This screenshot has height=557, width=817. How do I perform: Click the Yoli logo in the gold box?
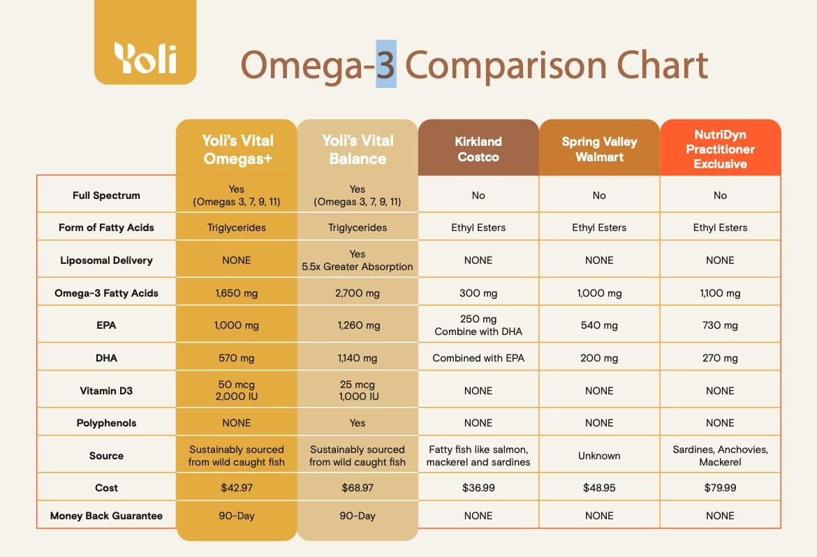[145, 57]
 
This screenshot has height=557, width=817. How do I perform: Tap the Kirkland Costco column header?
[478, 149]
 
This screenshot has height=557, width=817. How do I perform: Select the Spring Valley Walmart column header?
[599, 149]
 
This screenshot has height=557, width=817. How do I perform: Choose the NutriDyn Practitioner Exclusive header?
[720, 149]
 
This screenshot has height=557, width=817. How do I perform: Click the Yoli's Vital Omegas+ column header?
[237, 149]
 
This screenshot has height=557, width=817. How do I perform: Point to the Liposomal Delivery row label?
[106, 260]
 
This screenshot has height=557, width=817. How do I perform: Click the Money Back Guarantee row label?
[106, 516]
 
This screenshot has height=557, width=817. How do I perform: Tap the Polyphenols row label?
[106, 423]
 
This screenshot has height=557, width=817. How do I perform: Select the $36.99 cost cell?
[478, 488]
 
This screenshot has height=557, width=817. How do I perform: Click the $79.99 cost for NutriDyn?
[720, 488]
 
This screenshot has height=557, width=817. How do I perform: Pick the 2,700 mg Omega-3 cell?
[358, 293]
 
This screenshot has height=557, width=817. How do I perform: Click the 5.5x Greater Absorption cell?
[358, 260]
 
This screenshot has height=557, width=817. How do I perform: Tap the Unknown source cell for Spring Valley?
[599, 456]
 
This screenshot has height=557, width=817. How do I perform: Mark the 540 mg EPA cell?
[599, 325]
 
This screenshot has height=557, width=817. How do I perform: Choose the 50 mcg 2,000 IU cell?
[237, 390]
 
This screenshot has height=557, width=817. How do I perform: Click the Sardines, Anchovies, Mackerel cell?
[720, 455]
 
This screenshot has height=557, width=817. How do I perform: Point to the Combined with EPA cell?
[478, 358]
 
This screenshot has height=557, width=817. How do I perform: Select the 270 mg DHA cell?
[720, 358]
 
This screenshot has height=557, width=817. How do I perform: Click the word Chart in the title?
[662, 65]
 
